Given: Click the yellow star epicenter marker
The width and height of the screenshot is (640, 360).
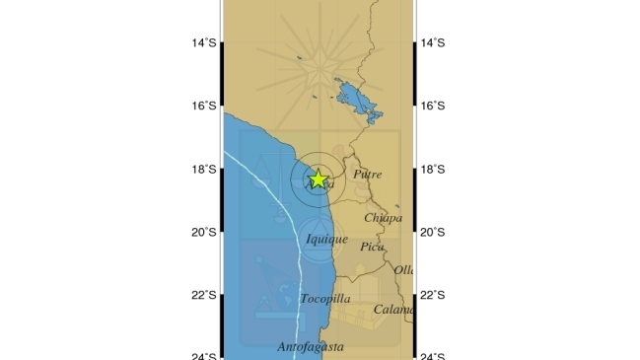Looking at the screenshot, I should click(x=318, y=179).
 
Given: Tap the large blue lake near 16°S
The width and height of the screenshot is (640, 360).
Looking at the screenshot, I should click(x=355, y=99).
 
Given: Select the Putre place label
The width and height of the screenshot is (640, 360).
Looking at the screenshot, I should click(x=367, y=175).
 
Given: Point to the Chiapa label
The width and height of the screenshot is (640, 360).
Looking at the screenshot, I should click(x=383, y=218).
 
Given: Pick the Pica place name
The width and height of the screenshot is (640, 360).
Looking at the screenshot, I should click(x=371, y=247).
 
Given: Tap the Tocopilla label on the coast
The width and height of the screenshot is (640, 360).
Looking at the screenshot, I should click(x=324, y=298).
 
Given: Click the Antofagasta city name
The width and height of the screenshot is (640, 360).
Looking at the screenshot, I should click(x=310, y=347).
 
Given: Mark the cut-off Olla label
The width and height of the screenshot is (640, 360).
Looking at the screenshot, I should click(x=404, y=269).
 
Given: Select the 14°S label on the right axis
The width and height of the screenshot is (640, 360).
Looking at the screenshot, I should click(x=434, y=42).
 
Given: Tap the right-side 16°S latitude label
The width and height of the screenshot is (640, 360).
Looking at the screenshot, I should click(x=434, y=106).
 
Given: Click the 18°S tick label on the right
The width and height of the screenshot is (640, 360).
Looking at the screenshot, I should click(x=434, y=170).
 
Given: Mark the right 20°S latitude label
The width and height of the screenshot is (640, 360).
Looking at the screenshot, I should click(x=434, y=233).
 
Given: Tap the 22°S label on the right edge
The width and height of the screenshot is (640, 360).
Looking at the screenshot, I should click(x=434, y=296).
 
